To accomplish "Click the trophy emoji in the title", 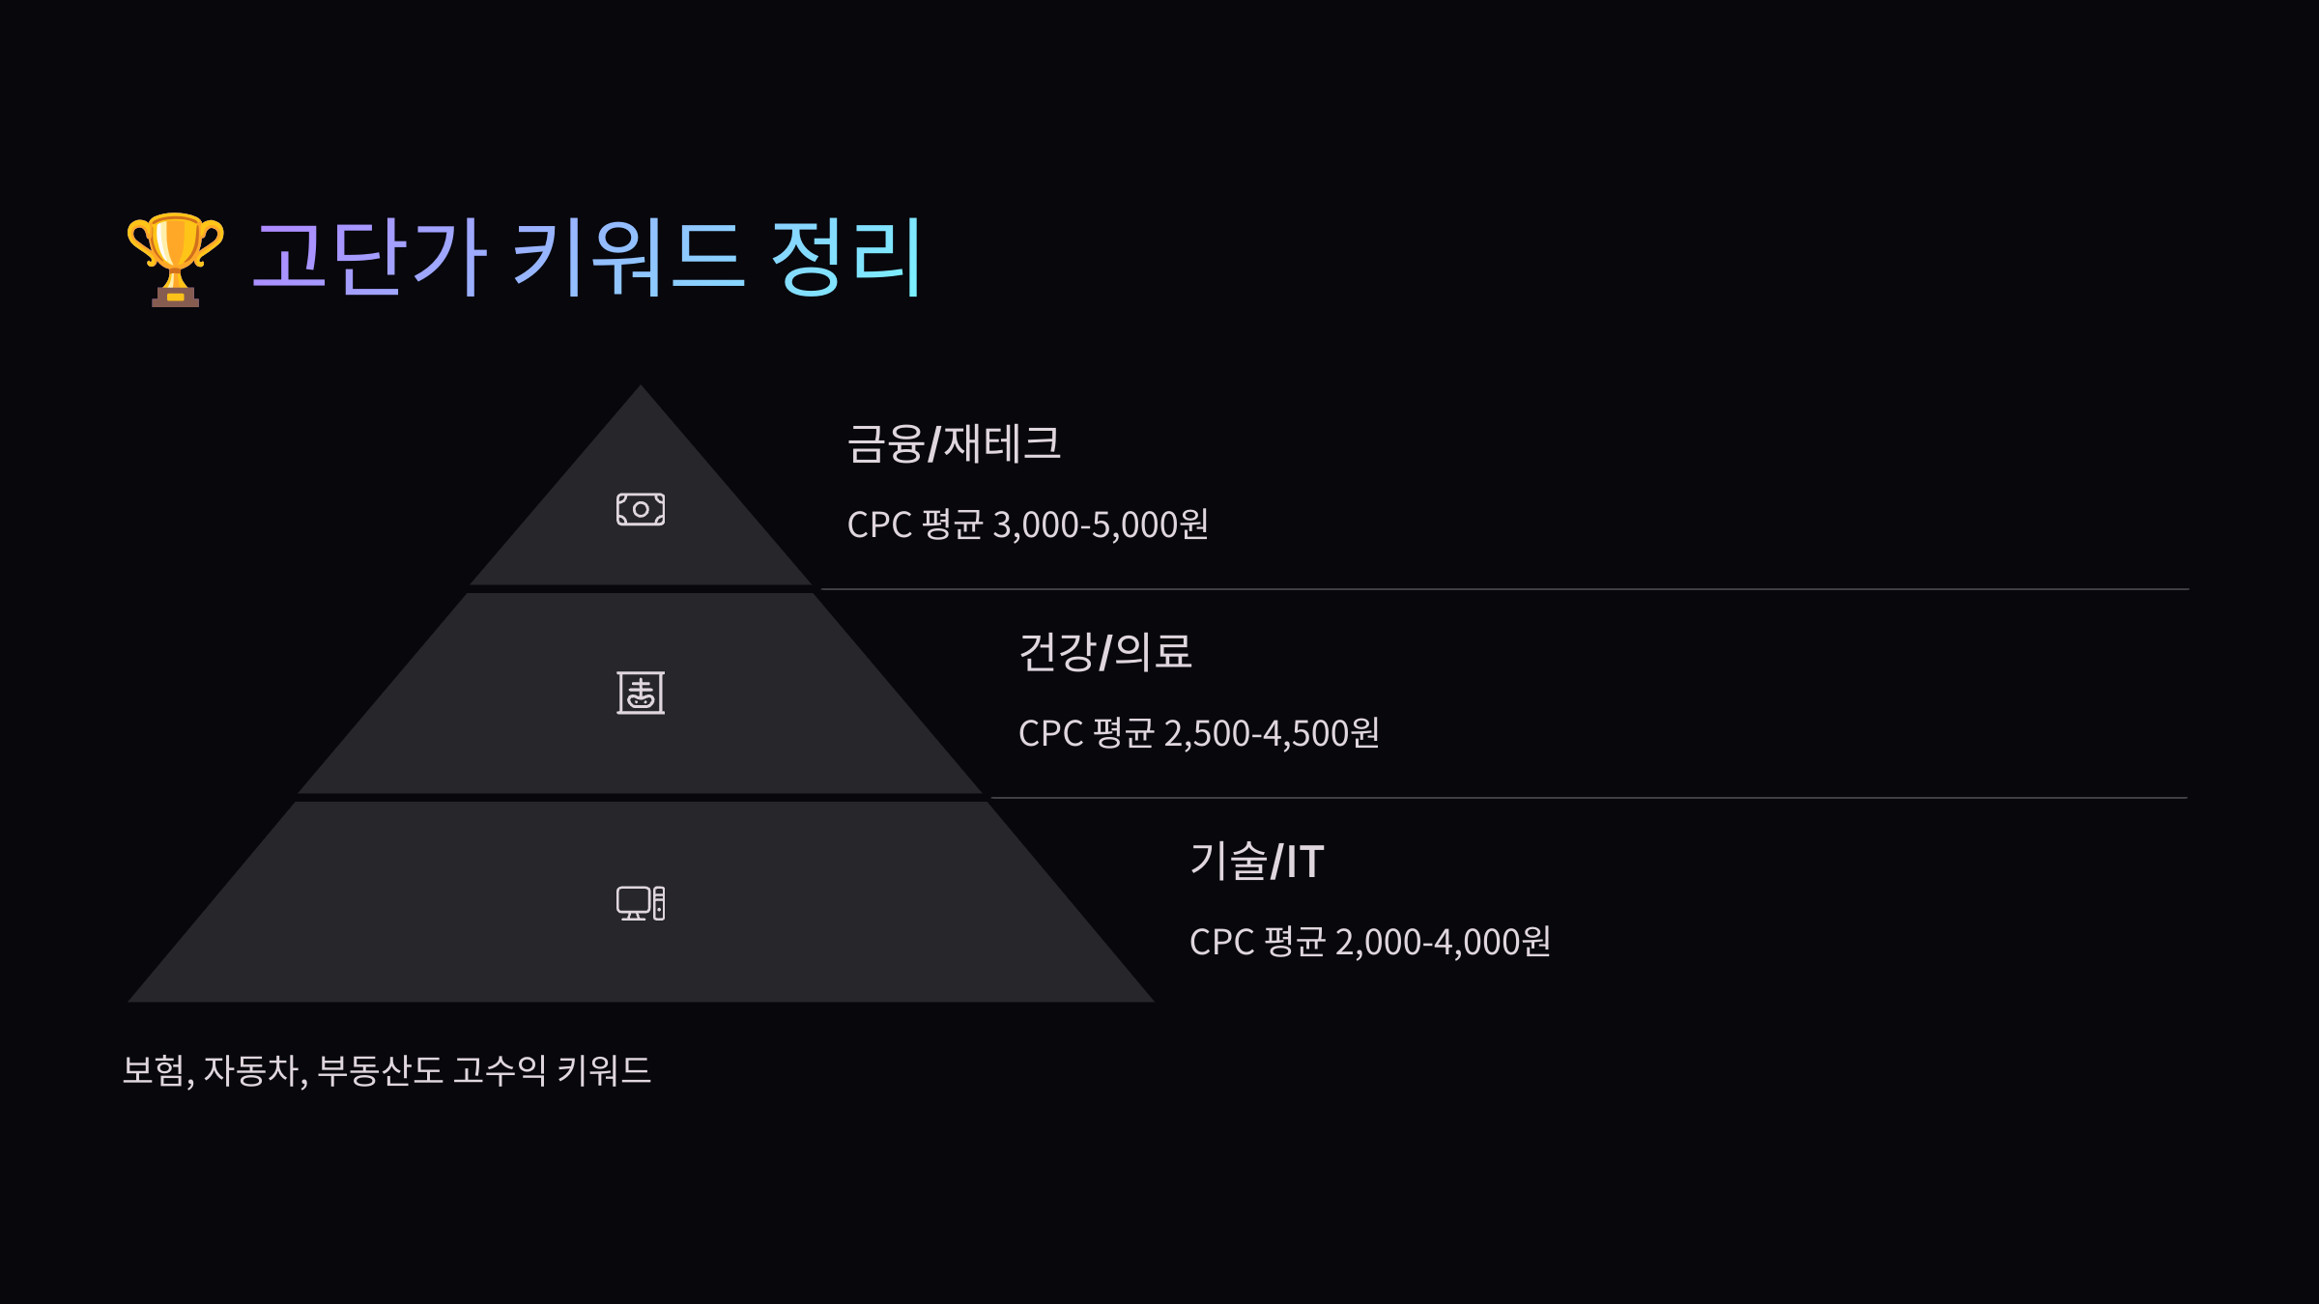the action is click(x=175, y=259).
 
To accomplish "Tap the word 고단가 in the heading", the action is click(x=368, y=258).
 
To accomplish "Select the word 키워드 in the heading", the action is click(x=628, y=258).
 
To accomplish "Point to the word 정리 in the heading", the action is click(x=846, y=258).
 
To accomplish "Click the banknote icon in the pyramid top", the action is click(x=641, y=509).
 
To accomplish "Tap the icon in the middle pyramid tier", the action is click(x=641, y=693).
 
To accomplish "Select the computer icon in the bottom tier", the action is click(x=641, y=903).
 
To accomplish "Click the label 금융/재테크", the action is click(x=954, y=444).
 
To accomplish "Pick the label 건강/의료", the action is click(x=1105, y=652).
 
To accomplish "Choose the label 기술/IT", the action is click(x=1256, y=861).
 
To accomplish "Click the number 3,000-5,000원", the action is click(x=1101, y=524).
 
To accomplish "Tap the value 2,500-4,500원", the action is click(x=1272, y=733).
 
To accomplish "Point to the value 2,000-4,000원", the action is click(x=1443, y=942).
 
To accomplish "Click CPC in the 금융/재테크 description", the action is click(x=879, y=524).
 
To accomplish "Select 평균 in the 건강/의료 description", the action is click(x=1123, y=733).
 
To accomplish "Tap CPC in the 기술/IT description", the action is click(x=1221, y=942).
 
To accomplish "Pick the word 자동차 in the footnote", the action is click(x=252, y=1070).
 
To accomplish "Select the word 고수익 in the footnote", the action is click(x=500, y=1070).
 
